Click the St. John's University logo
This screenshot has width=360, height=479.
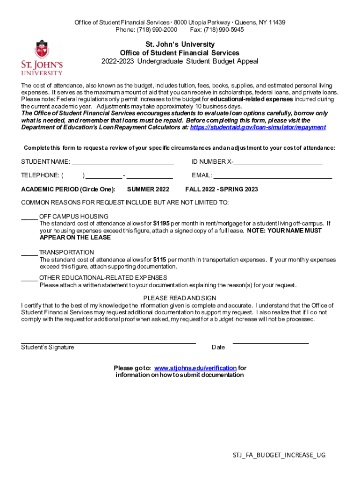click(x=42, y=57)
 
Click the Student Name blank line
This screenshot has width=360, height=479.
click(x=122, y=164)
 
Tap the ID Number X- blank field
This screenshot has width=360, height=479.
click(x=278, y=164)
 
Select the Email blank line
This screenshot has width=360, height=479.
click(x=273, y=178)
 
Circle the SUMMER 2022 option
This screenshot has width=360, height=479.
click(x=148, y=189)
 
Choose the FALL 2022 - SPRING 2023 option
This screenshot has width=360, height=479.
click(x=221, y=189)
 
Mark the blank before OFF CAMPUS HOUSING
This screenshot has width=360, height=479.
click(x=29, y=218)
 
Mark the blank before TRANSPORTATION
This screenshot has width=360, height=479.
click(x=29, y=254)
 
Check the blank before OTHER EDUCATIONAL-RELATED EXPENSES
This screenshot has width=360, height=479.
click(x=29, y=280)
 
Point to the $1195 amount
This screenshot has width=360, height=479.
click(x=161, y=224)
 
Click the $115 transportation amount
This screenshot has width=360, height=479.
click(x=160, y=260)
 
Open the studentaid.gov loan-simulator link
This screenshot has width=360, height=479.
click(x=258, y=127)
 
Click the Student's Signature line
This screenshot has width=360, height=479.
click(x=108, y=343)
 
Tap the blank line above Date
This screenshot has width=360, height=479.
click(x=271, y=343)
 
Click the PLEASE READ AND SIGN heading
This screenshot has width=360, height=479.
click(x=180, y=298)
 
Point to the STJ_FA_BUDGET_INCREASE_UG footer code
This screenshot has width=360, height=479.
click(x=279, y=455)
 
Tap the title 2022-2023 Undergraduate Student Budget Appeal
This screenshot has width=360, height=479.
click(x=180, y=61)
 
